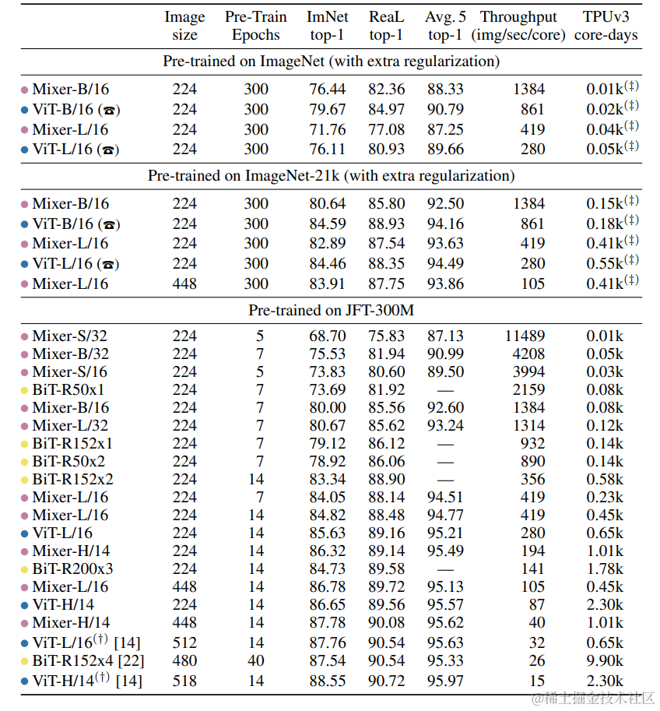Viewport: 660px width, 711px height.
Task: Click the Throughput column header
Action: coord(518,26)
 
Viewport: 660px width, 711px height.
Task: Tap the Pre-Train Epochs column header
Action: coord(256,26)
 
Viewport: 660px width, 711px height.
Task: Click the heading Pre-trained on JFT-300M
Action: coord(331,311)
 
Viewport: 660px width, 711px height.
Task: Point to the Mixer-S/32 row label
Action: coord(70,336)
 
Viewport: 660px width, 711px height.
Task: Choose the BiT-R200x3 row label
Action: coord(72,568)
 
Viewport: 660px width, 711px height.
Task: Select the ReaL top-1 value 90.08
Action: coord(387,622)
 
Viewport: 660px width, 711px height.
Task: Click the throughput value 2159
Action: coord(528,389)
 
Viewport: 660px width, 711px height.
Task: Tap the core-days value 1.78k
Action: coord(605,568)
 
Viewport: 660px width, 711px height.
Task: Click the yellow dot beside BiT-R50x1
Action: coord(25,390)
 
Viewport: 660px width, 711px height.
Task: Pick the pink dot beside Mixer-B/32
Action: coord(25,354)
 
